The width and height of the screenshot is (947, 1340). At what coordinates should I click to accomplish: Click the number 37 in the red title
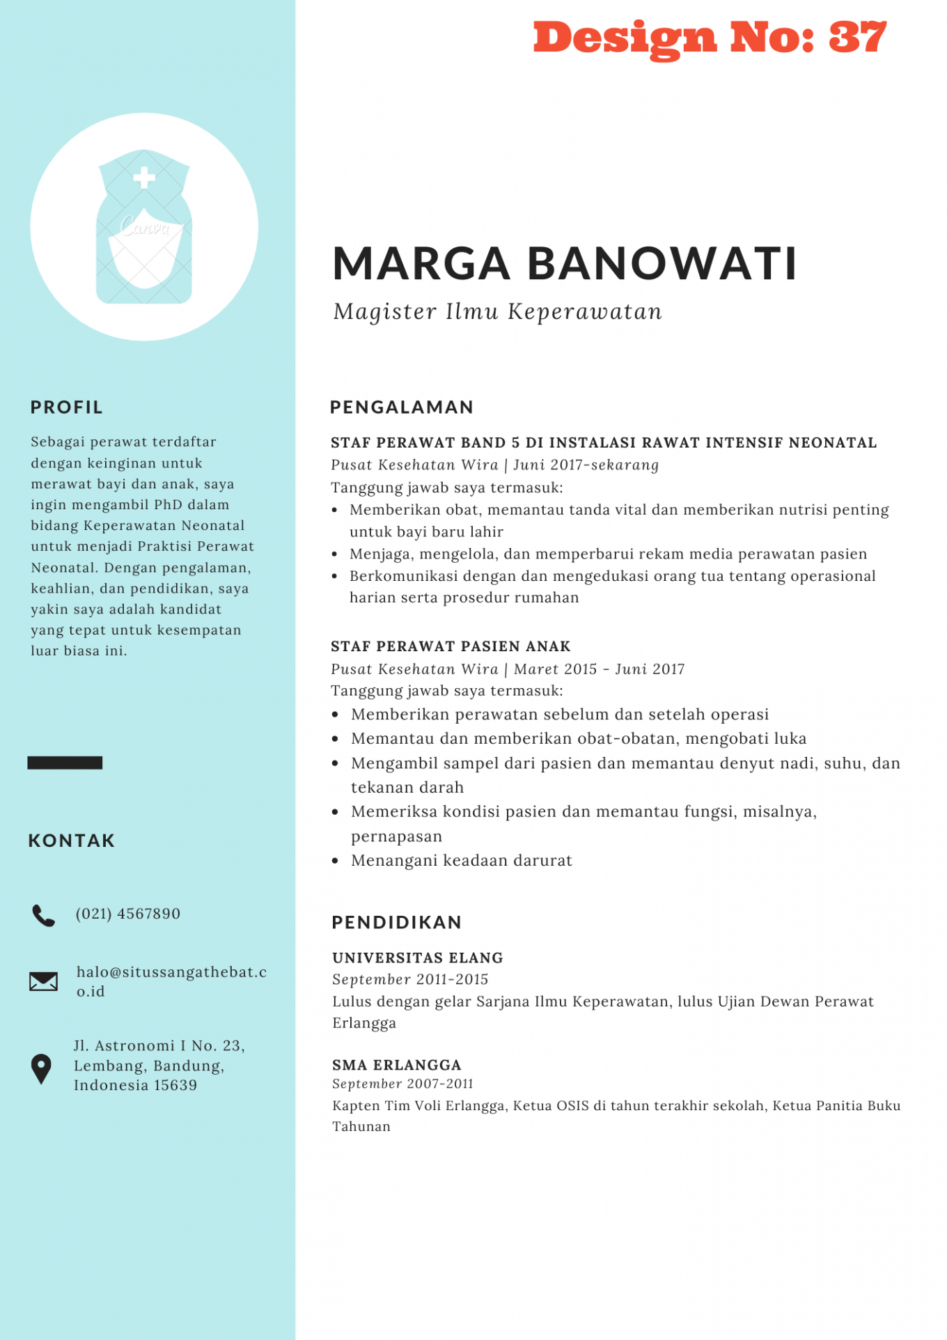(857, 38)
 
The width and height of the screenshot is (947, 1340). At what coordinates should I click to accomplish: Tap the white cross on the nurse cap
(144, 178)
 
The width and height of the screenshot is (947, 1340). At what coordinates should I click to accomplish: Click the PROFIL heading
(67, 407)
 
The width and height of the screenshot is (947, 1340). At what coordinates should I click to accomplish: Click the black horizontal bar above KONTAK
(65, 763)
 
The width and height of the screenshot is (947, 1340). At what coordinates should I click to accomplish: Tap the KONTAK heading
(72, 841)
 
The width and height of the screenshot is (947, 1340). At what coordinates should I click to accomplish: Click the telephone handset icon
(43, 915)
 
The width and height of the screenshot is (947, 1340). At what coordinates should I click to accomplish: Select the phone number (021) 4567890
(128, 914)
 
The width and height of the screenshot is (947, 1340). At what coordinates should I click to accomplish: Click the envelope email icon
(43, 981)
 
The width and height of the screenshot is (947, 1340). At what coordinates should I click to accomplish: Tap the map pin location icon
(42, 1068)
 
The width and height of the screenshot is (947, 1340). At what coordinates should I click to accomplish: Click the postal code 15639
(175, 1085)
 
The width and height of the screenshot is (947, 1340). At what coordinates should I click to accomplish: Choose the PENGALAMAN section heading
(402, 407)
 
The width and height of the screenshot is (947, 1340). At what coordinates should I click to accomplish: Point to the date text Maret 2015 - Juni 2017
(599, 669)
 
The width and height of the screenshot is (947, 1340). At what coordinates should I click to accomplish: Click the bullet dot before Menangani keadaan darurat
(336, 861)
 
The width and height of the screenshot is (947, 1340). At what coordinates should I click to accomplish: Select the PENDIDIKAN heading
(397, 923)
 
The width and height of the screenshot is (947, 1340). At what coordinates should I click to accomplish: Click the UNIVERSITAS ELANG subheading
(418, 958)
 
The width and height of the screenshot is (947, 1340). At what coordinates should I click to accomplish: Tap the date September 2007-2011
(402, 1084)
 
